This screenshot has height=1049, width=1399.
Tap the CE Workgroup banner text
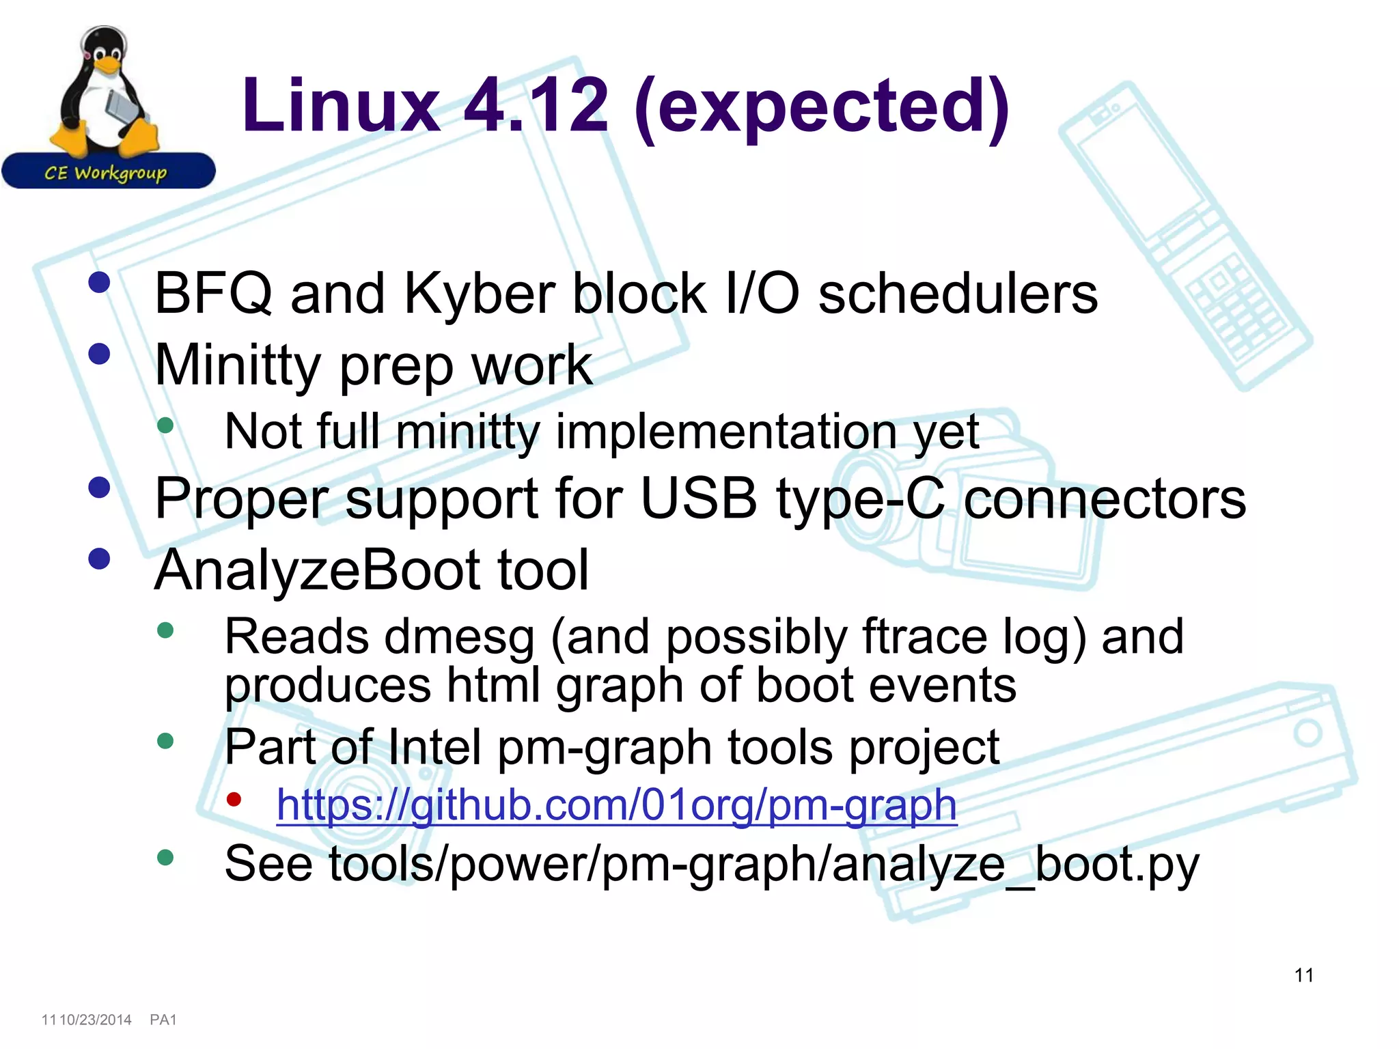point(106,173)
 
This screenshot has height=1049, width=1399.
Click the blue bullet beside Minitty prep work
point(100,354)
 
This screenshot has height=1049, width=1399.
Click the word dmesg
point(459,637)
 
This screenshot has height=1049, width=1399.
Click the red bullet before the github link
point(234,799)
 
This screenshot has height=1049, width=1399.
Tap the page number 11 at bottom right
point(1303,975)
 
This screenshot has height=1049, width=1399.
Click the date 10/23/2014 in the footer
point(96,1020)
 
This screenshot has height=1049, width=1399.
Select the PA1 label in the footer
point(163,1020)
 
